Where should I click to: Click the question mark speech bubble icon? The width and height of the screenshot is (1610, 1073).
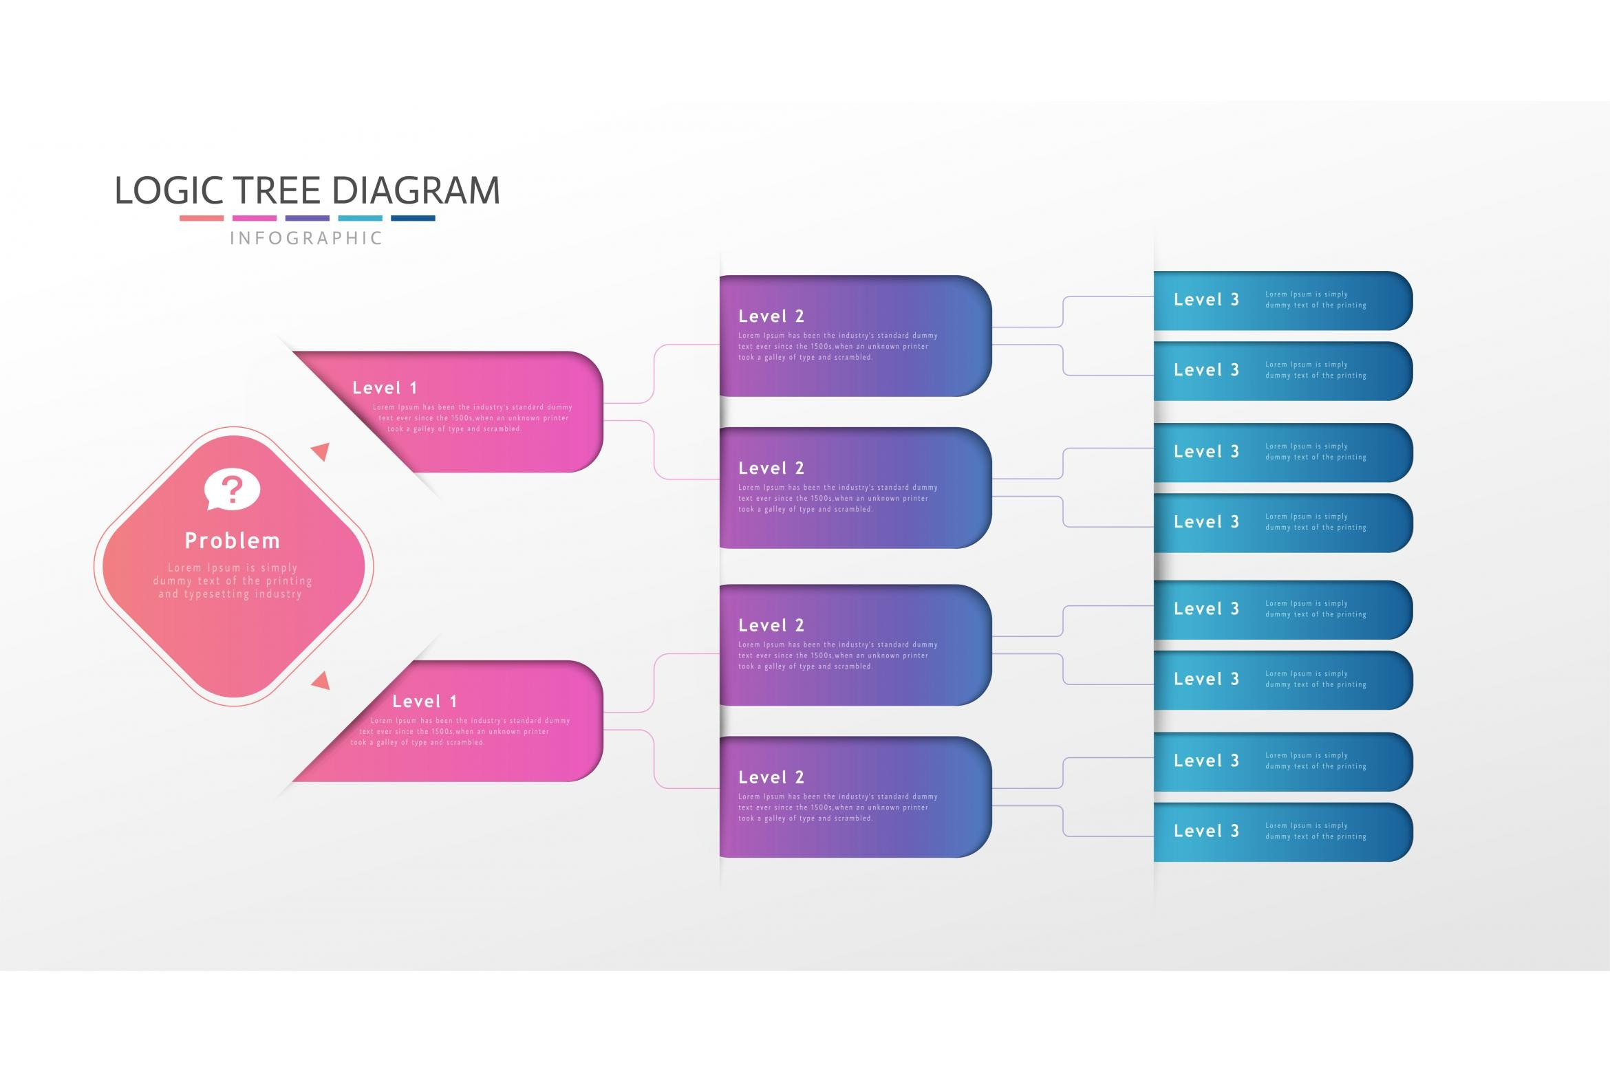point(233,489)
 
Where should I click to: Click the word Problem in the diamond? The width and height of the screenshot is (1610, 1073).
point(233,541)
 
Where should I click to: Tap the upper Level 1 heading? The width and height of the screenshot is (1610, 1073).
point(385,388)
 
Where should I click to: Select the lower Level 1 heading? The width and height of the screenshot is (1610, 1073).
point(425,702)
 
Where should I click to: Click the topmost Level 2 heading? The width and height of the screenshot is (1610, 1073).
point(771,316)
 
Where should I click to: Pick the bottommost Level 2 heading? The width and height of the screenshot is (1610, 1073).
point(771,777)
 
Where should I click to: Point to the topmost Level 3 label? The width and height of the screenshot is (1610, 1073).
point(1206,300)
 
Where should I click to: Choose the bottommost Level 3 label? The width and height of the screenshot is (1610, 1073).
point(1206,831)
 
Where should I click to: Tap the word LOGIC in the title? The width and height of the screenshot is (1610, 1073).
point(169,191)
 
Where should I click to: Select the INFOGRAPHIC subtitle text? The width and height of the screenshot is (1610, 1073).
point(306,238)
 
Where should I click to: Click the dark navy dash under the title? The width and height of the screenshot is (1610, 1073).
point(413,218)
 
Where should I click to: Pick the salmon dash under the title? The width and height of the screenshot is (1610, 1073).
point(202,218)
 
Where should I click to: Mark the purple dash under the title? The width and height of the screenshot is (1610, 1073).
point(308,218)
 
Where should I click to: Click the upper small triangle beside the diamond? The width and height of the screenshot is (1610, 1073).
point(321,451)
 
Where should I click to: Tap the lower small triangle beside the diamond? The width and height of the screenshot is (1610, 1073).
point(321,682)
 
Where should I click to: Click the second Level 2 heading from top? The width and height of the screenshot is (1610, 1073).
point(771,468)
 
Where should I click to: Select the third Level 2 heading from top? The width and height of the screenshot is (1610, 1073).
point(771,625)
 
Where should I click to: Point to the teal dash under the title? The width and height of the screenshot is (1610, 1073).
point(360,218)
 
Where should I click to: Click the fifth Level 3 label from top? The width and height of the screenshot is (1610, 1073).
point(1206,609)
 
